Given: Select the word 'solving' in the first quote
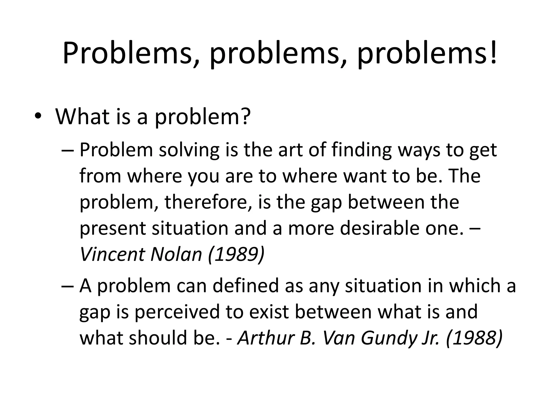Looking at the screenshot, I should coord(189,150).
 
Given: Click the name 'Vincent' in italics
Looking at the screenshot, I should coord(112,254).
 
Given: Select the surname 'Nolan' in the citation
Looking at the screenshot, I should coord(176,254).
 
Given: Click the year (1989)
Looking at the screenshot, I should coord(236,254).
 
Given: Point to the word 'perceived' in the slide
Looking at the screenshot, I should coord(177,312).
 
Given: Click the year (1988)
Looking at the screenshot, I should coord(474,338).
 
